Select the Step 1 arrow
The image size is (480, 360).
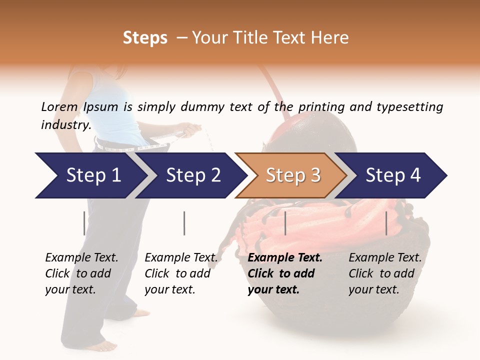coord(91,175)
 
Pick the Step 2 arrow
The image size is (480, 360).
coord(191,175)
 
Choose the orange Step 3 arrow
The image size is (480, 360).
coord(291,175)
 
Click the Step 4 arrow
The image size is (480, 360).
coord(391,175)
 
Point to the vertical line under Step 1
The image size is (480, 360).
coord(84,223)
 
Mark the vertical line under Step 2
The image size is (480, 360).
coord(184,223)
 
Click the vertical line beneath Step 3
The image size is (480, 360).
coord(285,223)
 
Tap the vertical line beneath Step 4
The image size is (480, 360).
coord(386,223)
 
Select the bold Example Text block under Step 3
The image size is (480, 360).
coord(285,273)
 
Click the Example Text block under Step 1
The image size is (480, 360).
coord(81,273)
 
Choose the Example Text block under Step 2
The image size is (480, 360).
coord(181,273)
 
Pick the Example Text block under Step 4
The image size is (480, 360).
coord(385,273)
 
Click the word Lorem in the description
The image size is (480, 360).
coord(59,107)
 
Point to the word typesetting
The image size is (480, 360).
coord(410,107)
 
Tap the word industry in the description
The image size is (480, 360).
coord(66,125)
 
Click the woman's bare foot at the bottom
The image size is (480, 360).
coord(102,346)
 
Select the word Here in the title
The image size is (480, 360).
coord(329,37)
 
